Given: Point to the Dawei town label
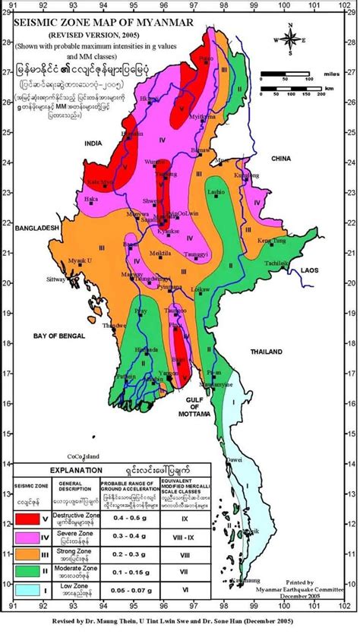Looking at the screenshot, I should [232, 460].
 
